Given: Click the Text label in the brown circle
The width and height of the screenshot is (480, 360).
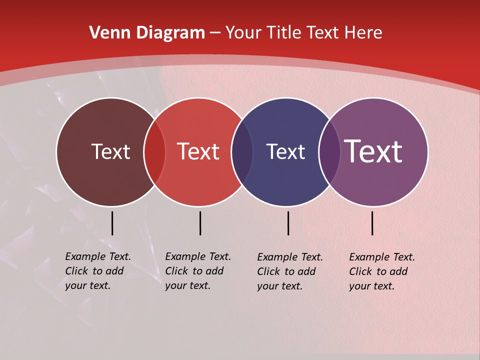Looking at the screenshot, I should [x=110, y=151].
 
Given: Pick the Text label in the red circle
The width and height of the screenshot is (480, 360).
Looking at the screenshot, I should [x=198, y=151].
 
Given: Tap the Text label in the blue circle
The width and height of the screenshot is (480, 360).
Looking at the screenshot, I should [x=285, y=151].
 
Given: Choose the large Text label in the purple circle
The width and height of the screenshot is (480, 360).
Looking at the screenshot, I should [x=373, y=151].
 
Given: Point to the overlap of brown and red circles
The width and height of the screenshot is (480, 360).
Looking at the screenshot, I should [x=154, y=152].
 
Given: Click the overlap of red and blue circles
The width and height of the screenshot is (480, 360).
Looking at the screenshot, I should [x=242, y=152].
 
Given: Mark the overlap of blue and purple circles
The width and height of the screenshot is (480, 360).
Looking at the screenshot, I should [x=329, y=152].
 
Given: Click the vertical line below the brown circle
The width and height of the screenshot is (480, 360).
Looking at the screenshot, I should [x=112, y=223].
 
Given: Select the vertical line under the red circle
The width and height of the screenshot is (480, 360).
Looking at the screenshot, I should [x=200, y=223].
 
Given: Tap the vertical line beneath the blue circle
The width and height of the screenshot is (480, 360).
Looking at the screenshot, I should [x=288, y=223].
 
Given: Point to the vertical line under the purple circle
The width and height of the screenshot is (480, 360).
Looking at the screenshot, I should [x=372, y=223].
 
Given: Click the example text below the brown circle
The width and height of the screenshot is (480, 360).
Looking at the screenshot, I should [x=98, y=271].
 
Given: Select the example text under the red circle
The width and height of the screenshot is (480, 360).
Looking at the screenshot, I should [x=198, y=271].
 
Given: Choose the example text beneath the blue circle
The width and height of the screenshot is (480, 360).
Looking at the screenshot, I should [x=290, y=271].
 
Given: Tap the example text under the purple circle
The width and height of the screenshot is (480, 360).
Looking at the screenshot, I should [x=382, y=271].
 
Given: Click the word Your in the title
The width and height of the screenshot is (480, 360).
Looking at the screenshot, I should [x=243, y=33].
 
